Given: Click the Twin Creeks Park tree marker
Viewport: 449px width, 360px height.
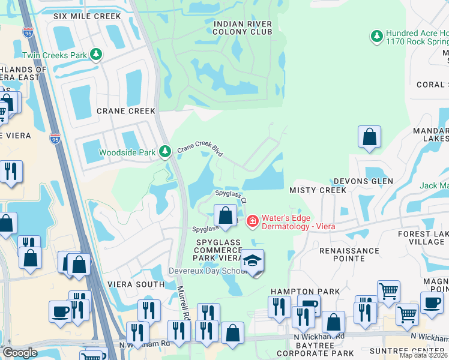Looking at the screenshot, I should click(x=96, y=55).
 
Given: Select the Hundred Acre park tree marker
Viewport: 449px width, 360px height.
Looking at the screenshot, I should click(x=376, y=37).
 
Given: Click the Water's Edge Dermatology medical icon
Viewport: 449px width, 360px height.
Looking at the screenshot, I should click(x=253, y=221).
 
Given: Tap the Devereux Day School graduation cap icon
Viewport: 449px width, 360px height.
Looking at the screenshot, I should click(x=253, y=261).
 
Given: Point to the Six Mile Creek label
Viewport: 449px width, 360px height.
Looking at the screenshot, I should click(x=87, y=16).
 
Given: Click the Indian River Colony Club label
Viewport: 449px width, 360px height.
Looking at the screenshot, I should click(x=243, y=28).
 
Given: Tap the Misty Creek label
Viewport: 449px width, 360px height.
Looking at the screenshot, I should click(x=318, y=190).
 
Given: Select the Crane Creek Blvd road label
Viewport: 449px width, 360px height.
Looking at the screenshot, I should click(x=199, y=149).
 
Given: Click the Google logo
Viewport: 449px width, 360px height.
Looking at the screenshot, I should click(x=20, y=353).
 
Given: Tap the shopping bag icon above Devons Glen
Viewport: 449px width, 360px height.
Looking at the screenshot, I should click(x=369, y=137).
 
